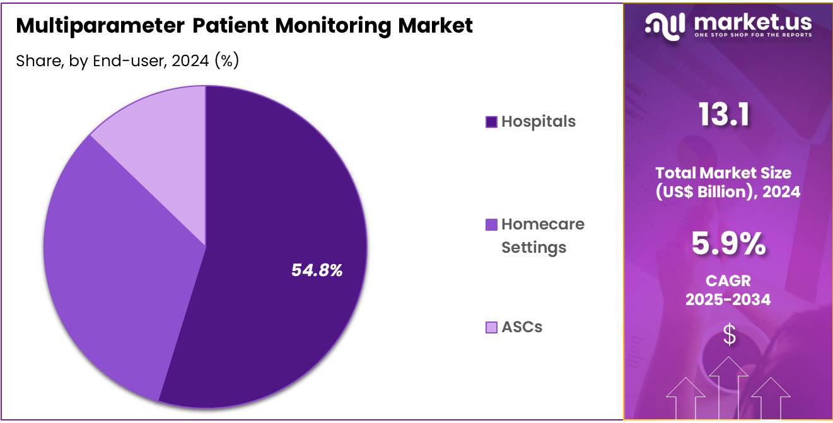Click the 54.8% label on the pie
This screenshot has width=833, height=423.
(x=317, y=270)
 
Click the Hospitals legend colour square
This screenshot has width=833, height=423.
(x=491, y=122)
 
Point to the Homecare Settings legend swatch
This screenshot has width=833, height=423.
(x=491, y=224)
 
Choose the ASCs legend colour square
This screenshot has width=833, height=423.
(x=491, y=327)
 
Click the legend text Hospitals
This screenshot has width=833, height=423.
(x=539, y=122)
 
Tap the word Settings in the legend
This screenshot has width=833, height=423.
(x=533, y=248)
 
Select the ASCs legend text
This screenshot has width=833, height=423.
(x=521, y=327)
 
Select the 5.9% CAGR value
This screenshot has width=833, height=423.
(x=728, y=244)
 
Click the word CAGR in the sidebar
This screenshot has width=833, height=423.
(x=728, y=281)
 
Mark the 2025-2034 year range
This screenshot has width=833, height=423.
(x=728, y=299)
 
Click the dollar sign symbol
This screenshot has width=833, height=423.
(x=729, y=335)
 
